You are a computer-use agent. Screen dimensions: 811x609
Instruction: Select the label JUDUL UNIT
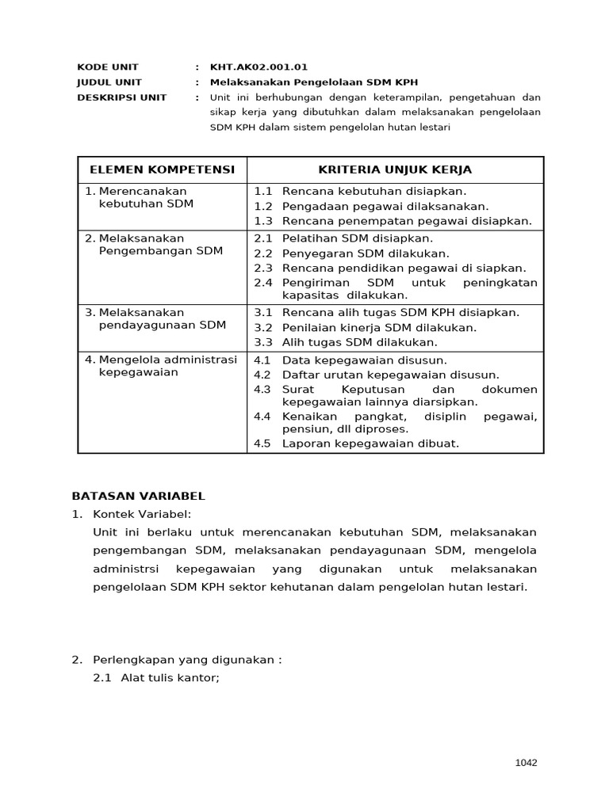pos(109,82)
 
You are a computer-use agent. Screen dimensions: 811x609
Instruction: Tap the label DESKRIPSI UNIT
pos(121,97)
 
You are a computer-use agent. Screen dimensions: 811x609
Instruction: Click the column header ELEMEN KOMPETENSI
pos(162,170)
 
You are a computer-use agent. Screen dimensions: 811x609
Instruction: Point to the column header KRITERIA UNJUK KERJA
pos(395,170)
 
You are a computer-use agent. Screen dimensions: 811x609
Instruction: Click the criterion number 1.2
pos(263,206)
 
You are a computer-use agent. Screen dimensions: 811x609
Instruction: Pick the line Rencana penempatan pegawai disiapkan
pos(407,221)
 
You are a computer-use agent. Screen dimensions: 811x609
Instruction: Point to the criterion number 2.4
pos(263,283)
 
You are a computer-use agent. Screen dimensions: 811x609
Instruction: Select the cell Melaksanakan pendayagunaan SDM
pos(154,318)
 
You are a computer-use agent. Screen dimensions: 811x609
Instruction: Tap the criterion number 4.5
pos(262,444)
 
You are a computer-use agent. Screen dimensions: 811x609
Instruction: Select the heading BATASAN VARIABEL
pos(138,497)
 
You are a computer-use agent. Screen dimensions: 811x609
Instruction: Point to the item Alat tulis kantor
pos(169,679)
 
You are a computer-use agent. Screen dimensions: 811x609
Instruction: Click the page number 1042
pos(526,763)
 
